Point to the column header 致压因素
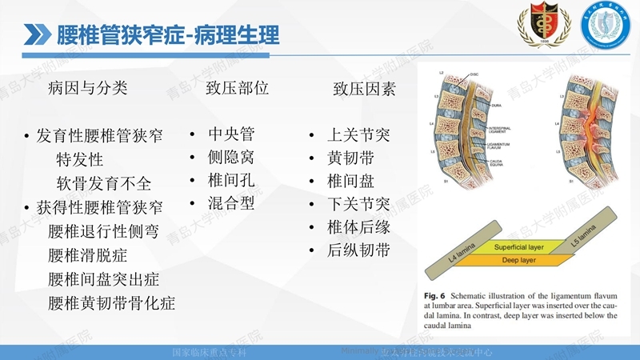coord(364,89)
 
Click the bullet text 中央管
coord(231,134)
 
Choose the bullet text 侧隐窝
coord(231,157)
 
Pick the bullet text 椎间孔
coord(231,180)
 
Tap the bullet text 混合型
coord(231,203)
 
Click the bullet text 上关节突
coord(358,135)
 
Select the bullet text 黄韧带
coord(350,158)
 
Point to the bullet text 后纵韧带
coord(358,251)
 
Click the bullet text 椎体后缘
coord(358,228)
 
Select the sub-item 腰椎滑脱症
coord(87,256)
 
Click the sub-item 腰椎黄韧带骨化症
coord(111,303)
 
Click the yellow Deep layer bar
coord(512,261)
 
